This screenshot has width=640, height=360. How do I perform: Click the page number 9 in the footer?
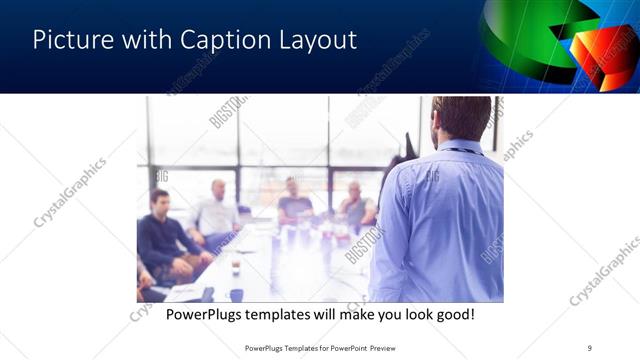pos(590,347)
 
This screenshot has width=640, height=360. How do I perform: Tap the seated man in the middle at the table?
pos(294,200)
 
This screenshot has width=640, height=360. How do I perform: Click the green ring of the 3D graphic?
pos(520,40)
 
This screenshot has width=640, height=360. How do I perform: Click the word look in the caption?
pos(410,315)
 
